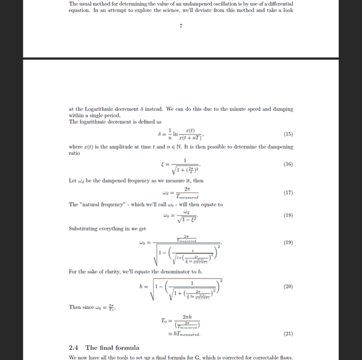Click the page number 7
pyautogui.click(x=181, y=26)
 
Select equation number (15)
pyautogui.click(x=288, y=134)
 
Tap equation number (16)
pyautogui.click(x=288, y=164)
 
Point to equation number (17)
pyautogui.click(x=288, y=193)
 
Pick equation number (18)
pyautogui.click(x=288, y=215)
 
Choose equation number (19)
pyautogui.click(x=288, y=242)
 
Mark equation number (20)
pyautogui.click(x=288, y=287)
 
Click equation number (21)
pyautogui.click(x=288, y=333)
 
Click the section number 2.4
pyautogui.click(x=74, y=347)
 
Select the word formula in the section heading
pyautogui.click(x=128, y=347)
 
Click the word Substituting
pyautogui.click(x=84, y=229)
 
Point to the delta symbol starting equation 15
pyautogui.click(x=160, y=134)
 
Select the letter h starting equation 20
pyautogui.click(x=140, y=287)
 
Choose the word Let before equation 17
pyautogui.click(x=73, y=180)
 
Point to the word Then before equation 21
pyautogui.click(x=76, y=308)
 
